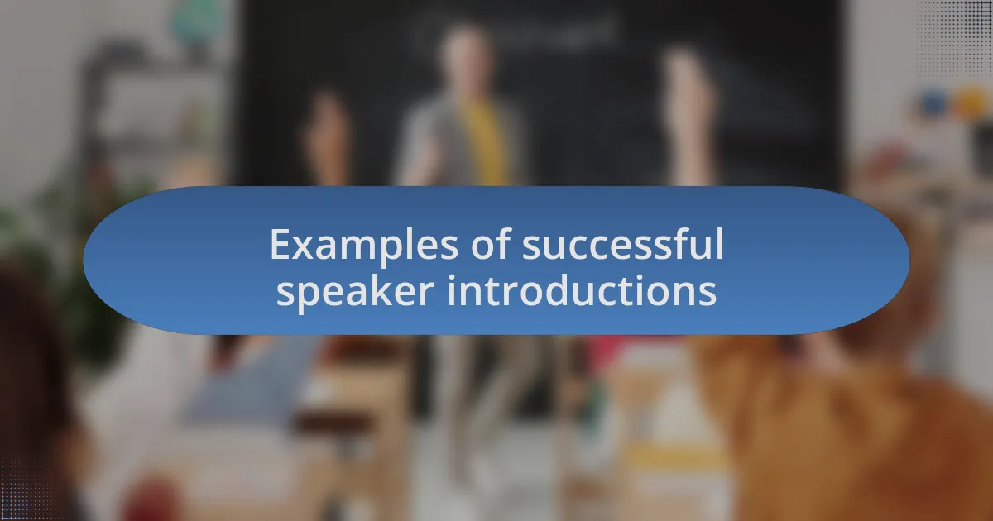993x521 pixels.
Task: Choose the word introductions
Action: pos(582,291)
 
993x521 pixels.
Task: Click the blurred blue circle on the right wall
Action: pos(933,103)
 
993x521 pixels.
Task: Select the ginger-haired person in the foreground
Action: pos(827,413)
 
